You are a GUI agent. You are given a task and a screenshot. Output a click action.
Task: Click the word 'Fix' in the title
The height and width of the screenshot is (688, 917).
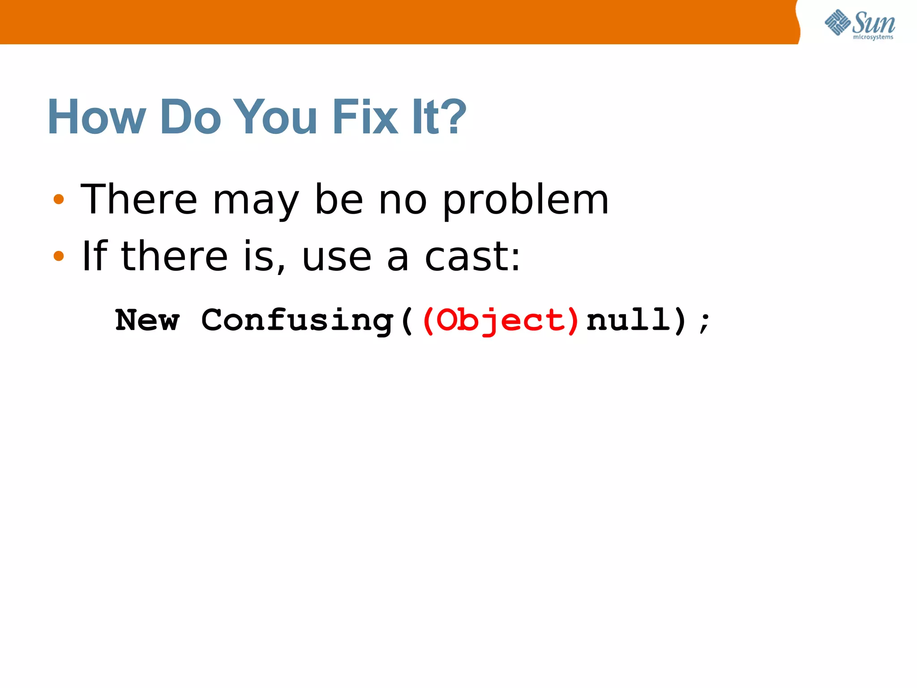[x=365, y=117]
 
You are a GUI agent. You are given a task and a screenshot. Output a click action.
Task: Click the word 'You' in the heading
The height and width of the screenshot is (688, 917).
[x=275, y=117]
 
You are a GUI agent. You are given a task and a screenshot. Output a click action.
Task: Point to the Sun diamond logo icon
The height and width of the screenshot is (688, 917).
[x=837, y=22]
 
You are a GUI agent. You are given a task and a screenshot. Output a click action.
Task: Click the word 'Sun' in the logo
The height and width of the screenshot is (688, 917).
[x=874, y=22]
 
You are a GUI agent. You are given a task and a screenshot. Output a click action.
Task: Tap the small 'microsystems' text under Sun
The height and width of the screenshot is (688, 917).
[x=873, y=37]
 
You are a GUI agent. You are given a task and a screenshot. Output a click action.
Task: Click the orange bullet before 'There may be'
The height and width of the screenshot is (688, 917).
[x=59, y=199]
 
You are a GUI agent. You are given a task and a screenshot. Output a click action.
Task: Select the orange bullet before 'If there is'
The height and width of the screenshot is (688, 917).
[x=59, y=256]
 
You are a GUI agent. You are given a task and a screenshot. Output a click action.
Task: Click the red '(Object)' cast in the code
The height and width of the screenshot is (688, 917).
[x=501, y=321]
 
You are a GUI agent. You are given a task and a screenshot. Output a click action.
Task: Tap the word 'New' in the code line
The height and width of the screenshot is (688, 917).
[x=147, y=321]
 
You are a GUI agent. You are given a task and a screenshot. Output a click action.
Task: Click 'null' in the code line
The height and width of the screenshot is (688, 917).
[x=629, y=321]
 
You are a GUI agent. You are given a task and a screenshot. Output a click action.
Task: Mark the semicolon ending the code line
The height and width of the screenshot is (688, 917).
[x=704, y=322]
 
